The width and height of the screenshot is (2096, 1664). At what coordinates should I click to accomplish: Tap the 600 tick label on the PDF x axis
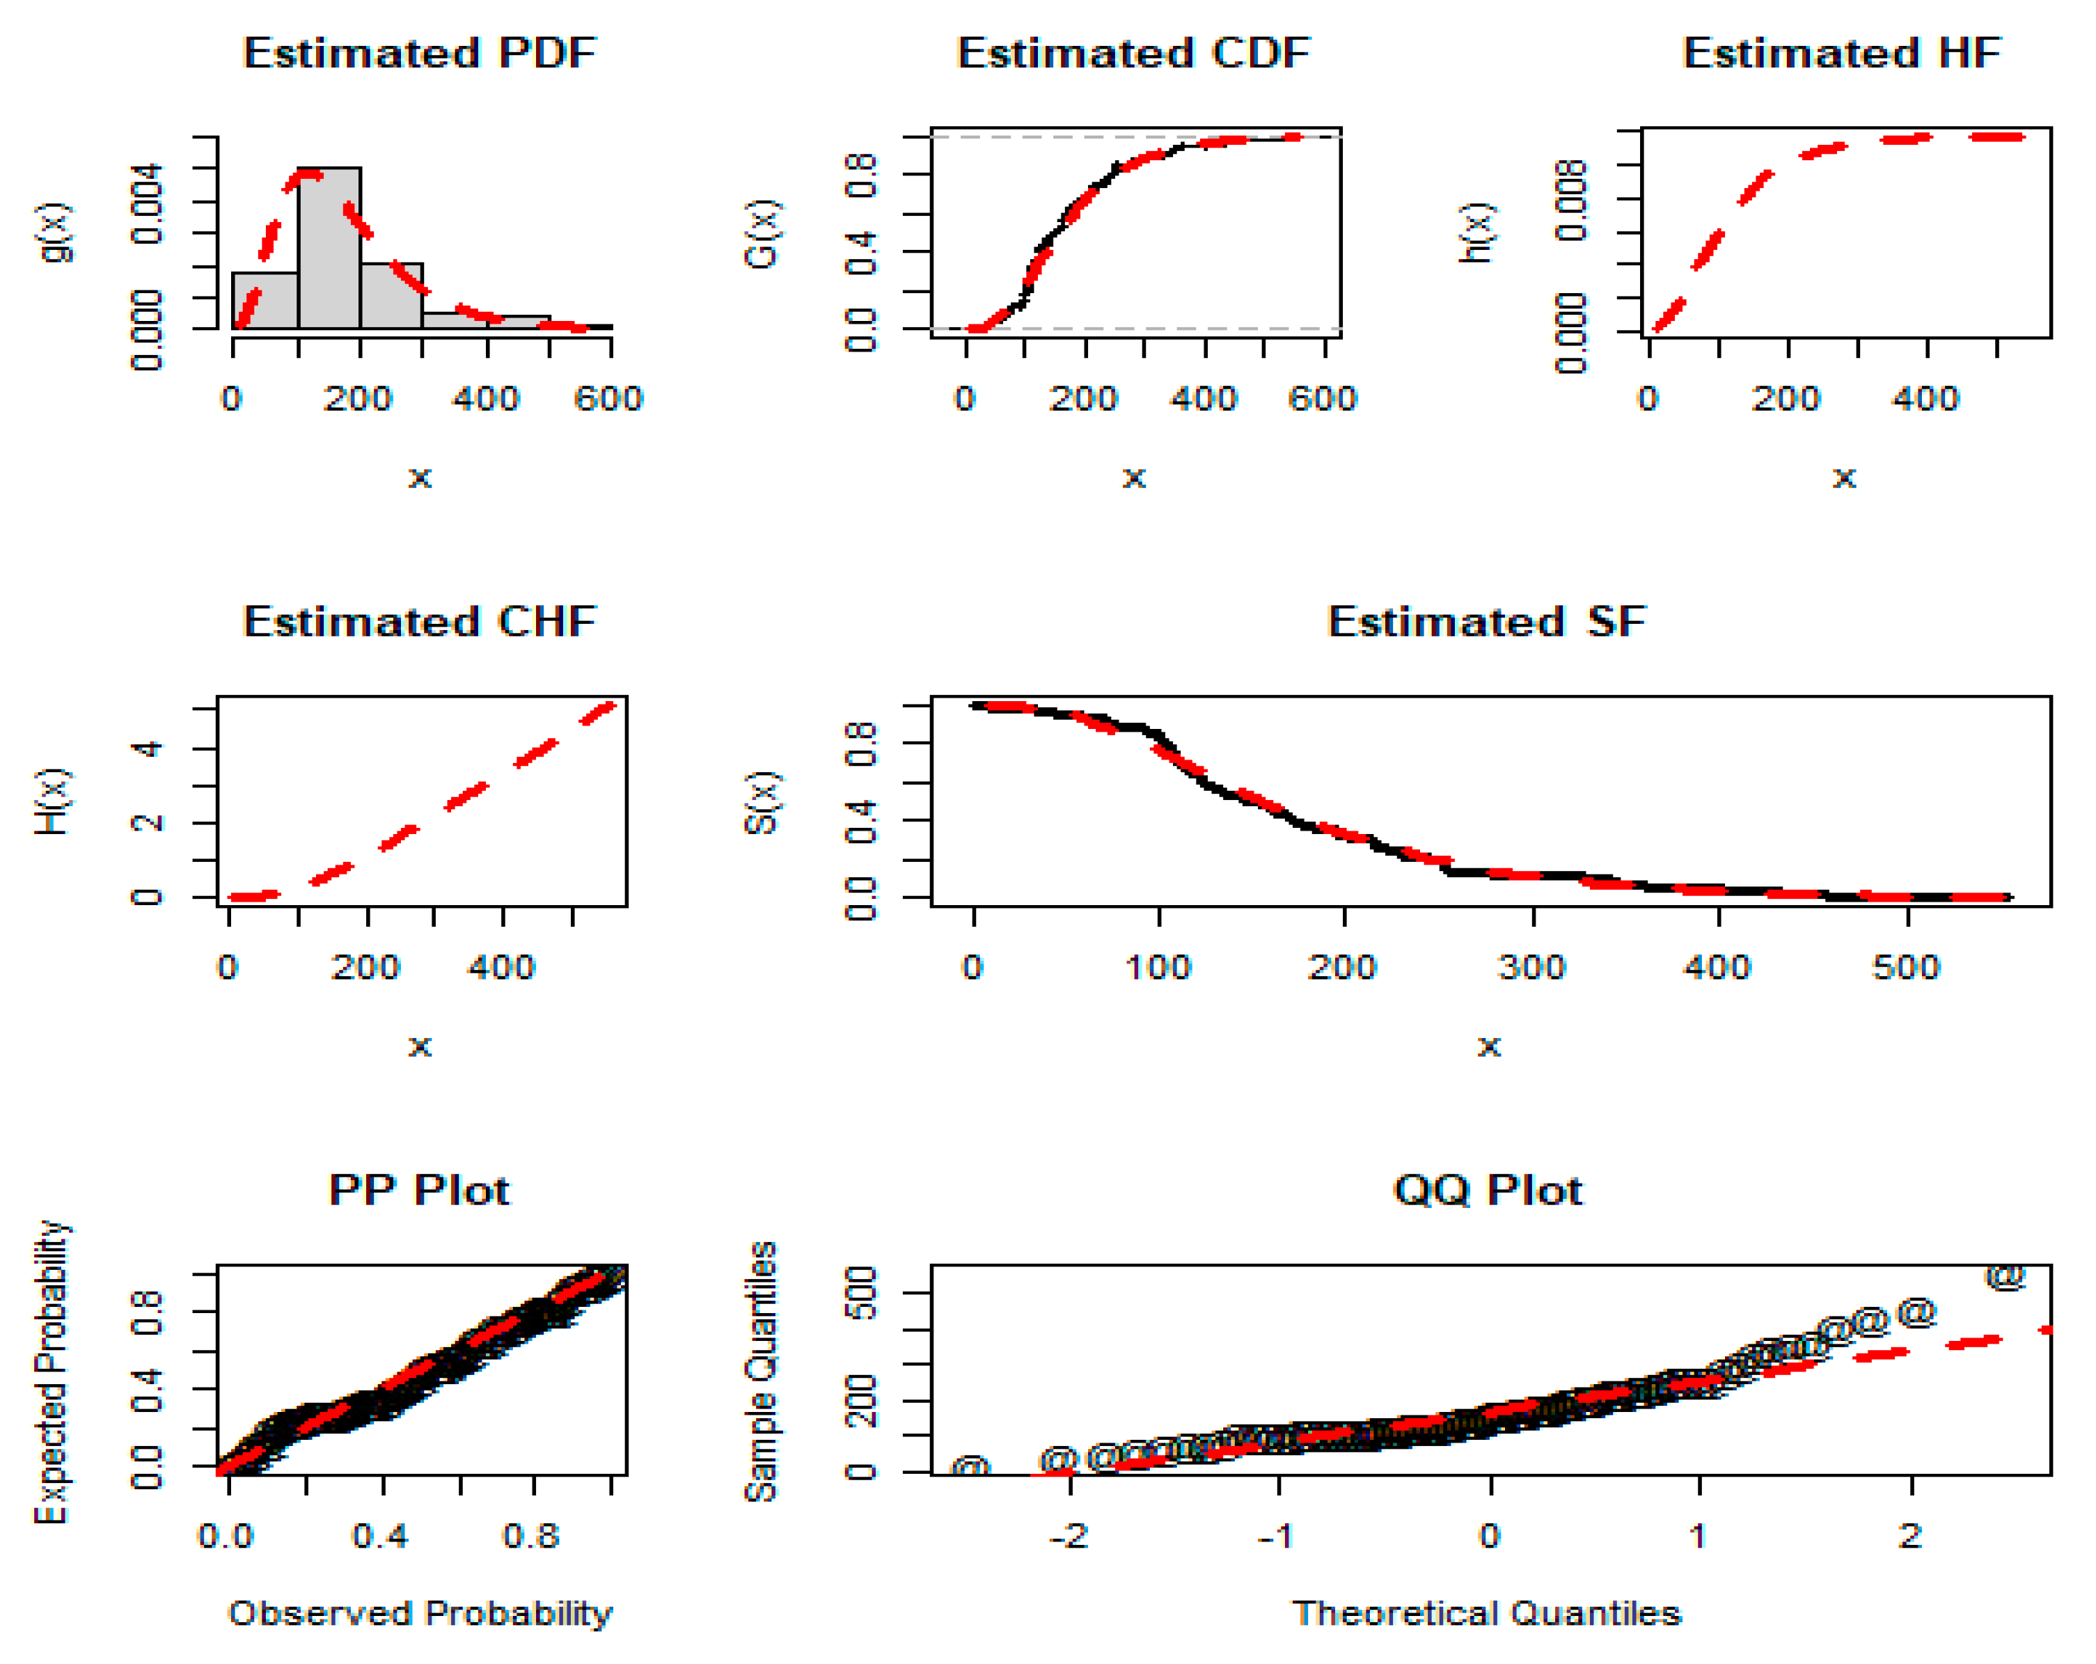click(608, 399)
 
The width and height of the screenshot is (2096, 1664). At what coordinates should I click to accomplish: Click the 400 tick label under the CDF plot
click(1204, 399)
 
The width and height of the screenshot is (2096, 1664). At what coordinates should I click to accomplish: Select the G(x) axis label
click(762, 233)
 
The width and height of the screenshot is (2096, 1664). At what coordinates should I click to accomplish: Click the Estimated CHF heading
click(419, 622)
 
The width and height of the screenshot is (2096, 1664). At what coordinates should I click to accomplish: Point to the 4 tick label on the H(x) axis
click(148, 749)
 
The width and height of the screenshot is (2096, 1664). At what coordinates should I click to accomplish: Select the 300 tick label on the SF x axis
click(1532, 968)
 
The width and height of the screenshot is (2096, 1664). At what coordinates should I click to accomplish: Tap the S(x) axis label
click(762, 803)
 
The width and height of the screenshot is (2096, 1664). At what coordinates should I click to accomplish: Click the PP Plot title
click(419, 1191)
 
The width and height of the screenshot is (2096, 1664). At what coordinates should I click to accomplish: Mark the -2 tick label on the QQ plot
click(1069, 1537)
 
